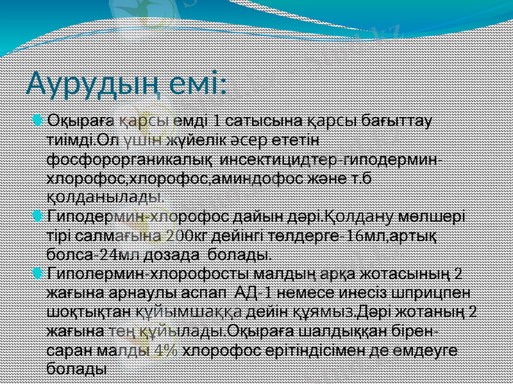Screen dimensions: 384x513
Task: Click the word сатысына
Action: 264,120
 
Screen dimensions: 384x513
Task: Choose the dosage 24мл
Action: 115,254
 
